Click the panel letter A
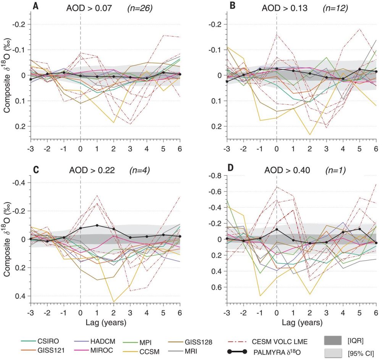point(35,6)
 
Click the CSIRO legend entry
point(46,342)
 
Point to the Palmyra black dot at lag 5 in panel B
point(359,70)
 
